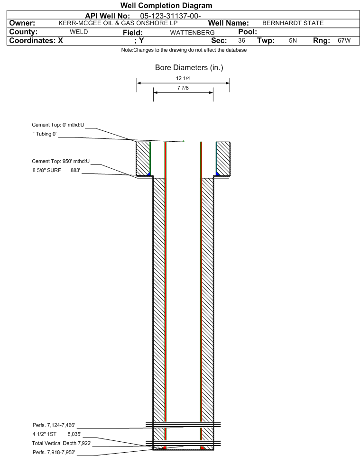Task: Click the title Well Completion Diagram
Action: click(x=166, y=6)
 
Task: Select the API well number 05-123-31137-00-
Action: click(x=171, y=16)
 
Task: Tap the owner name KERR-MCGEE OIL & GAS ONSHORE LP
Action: click(x=118, y=23)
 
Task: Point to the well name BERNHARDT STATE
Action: click(x=293, y=23)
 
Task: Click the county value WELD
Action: click(x=79, y=32)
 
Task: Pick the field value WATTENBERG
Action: click(x=193, y=33)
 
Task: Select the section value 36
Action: click(x=241, y=41)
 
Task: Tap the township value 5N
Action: click(x=293, y=41)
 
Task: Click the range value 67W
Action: click(x=344, y=41)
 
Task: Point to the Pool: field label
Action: click(x=248, y=32)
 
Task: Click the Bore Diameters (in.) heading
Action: click(x=189, y=68)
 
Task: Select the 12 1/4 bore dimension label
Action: click(x=183, y=78)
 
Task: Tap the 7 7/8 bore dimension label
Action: click(x=183, y=88)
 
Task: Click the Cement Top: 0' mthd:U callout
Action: click(x=58, y=125)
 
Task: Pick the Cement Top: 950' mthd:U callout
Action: click(x=61, y=162)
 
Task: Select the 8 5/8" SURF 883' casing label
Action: click(x=56, y=171)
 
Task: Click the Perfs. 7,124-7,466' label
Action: click(x=54, y=425)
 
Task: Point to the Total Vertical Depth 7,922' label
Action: click(x=62, y=444)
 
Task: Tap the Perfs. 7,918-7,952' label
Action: click(x=54, y=453)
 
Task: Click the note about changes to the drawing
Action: click(x=184, y=50)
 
